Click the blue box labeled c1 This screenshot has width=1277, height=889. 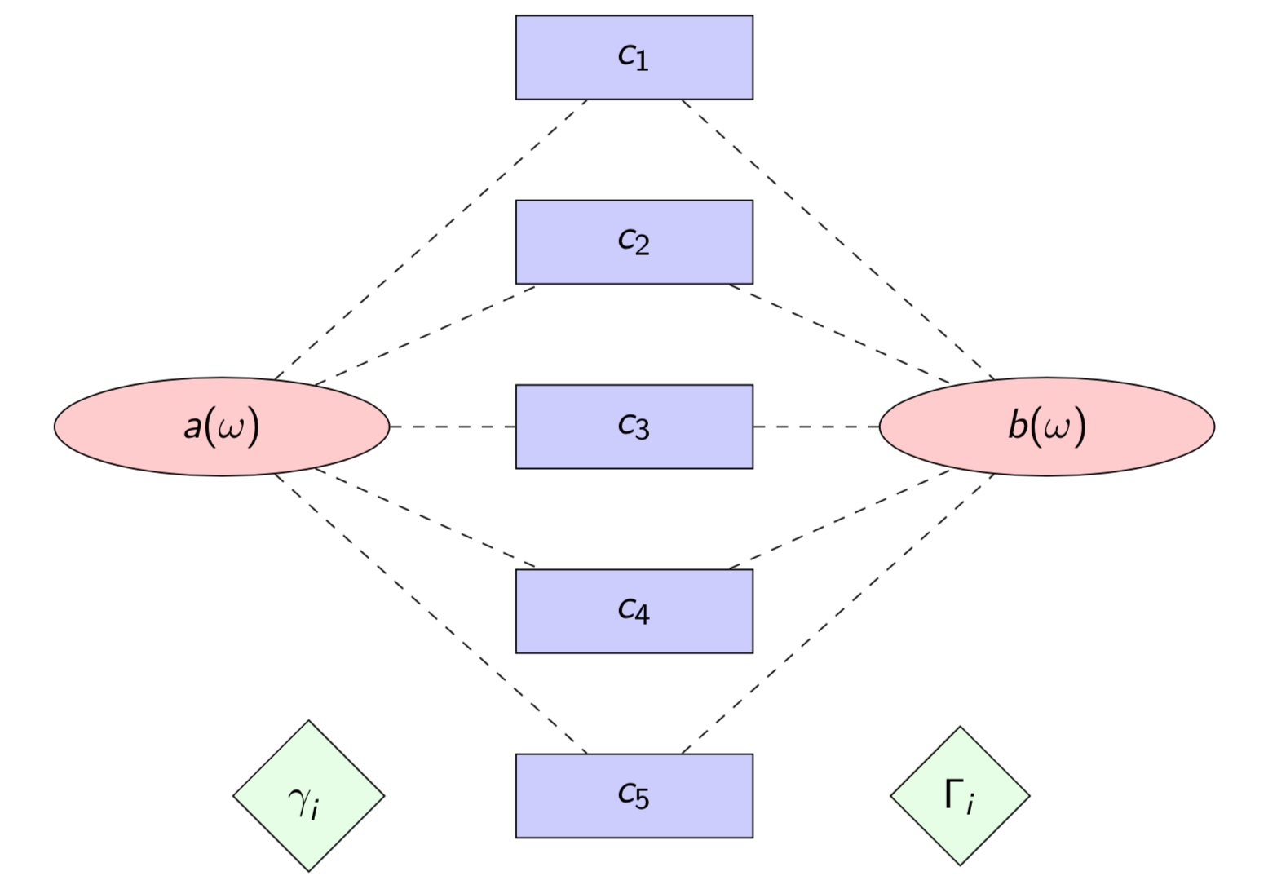click(634, 57)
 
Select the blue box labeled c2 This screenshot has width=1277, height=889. click(634, 242)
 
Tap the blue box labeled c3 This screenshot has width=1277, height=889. click(634, 427)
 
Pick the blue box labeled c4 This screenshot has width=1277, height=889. click(634, 611)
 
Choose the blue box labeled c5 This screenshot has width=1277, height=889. click(634, 795)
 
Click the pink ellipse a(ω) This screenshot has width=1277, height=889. click(222, 427)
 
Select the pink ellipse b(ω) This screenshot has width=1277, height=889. click(1047, 427)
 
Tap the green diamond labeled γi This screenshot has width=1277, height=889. click(308, 796)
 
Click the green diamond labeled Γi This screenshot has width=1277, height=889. click(960, 796)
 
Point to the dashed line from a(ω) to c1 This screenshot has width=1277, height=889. click(431, 239)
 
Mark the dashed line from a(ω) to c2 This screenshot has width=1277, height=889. click(425, 334)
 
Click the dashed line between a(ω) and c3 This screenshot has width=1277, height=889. click(453, 427)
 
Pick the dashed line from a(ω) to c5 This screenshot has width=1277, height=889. click(431, 613)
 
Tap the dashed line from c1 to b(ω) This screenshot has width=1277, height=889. click(838, 239)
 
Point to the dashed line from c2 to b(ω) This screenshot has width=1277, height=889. click(840, 334)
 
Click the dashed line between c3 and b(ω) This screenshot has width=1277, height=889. click(815, 427)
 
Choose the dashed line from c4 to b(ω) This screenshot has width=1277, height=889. click(840, 519)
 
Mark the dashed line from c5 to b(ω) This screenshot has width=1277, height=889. click(838, 613)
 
